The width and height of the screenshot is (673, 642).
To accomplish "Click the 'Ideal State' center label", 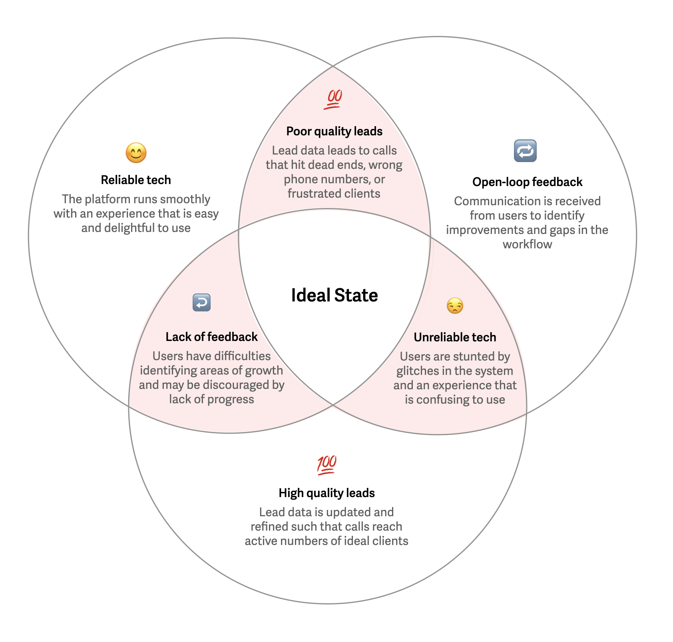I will point(335,295).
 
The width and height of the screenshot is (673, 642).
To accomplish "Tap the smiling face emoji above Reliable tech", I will point(136,153).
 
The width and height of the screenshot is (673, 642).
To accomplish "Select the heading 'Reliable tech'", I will point(136,180).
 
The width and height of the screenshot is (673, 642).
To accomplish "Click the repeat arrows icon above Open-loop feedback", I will point(525,151).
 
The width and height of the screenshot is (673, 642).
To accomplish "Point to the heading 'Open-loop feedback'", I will point(527,182).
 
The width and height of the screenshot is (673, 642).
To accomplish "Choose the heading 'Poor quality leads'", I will point(335,131).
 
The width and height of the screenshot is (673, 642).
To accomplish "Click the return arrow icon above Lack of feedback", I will point(201,303).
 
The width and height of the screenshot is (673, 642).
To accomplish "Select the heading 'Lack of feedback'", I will point(211,337).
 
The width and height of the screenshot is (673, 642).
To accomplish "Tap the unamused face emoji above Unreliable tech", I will point(455,306).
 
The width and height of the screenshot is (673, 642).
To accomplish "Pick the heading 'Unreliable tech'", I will point(455,337).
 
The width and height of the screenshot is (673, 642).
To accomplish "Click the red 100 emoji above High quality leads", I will point(327,465).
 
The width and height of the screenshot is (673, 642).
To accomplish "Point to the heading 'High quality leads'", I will point(327,493).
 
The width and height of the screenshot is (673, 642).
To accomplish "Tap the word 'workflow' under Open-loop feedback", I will point(527,244).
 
